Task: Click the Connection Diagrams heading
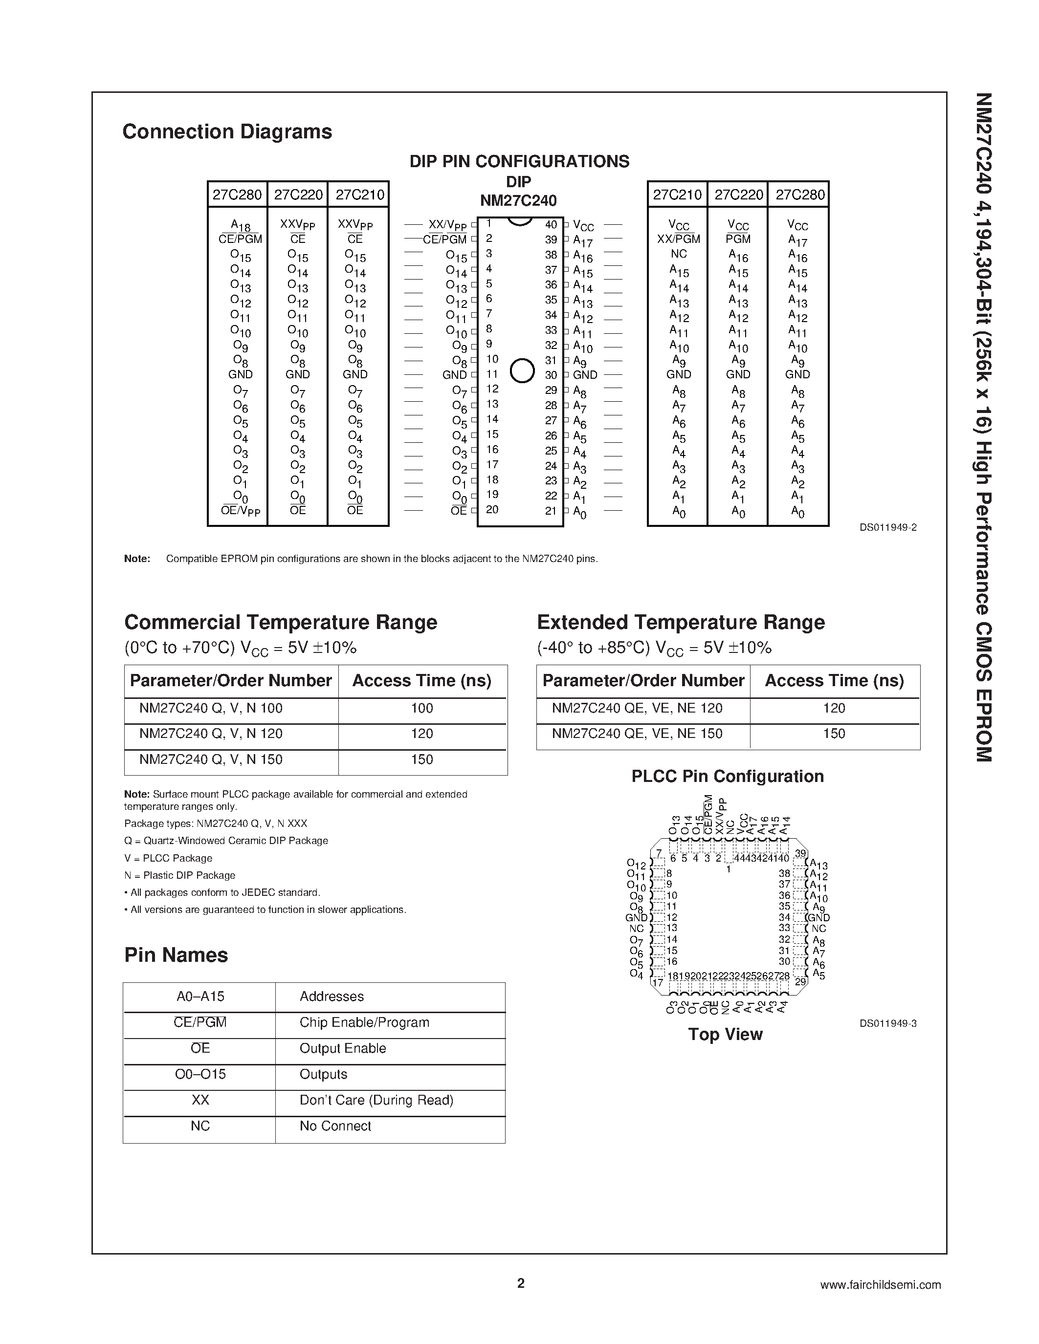click(x=227, y=131)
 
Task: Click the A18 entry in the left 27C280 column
click(x=240, y=225)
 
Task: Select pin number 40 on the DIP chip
click(x=551, y=225)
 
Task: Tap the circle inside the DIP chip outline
click(x=522, y=370)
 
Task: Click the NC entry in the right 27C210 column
click(x=678, y=254)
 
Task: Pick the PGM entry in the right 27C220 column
click(x=737, y=239)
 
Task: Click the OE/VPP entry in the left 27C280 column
click(x=240, y=511)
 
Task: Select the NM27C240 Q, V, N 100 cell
click(x=211, y=708)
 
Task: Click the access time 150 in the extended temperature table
click(x=834, y=734)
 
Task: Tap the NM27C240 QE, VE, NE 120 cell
click(x=637, y=708)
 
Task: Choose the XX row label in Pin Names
click(x=200, y=1100)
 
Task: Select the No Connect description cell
click(x=335, y=1126)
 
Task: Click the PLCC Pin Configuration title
click(x=728, y=777)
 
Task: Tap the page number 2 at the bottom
click(x=521, y=1283)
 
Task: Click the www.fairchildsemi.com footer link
click(x=880, y=1284)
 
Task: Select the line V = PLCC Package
click(x=168, y=858)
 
